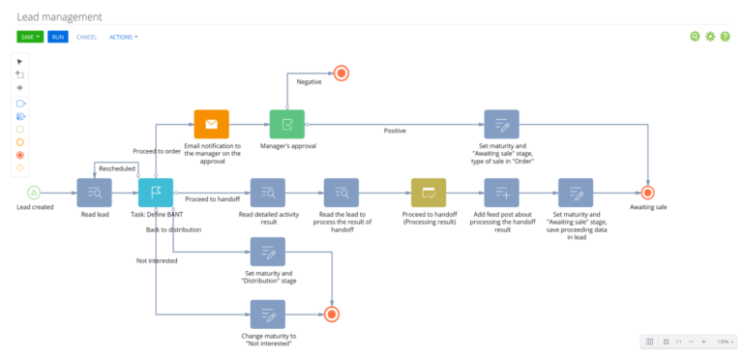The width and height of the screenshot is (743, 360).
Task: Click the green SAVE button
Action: (30, 37)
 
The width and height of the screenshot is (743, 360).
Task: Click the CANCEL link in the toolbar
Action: (86, 37)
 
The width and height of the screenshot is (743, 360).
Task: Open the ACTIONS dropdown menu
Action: (123, 37)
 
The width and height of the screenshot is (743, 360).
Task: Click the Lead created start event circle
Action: (35, 192)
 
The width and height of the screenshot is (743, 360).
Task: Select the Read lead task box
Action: (94, 192)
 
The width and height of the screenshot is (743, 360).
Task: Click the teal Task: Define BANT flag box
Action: (156, 192)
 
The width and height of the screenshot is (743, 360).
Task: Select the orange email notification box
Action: (212, 124)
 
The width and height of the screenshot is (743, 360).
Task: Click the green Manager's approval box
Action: (286, 124)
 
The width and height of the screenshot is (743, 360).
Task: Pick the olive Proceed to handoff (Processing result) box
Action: (428, 192)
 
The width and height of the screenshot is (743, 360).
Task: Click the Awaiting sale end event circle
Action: (648, 192)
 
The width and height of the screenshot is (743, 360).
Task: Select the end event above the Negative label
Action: (340, 72)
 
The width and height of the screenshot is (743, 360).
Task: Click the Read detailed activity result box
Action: (268, 192)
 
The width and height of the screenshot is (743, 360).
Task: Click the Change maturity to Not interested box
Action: (268, 314)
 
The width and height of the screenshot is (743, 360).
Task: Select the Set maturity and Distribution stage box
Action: (268, 253)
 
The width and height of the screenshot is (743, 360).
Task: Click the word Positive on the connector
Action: (395, 131)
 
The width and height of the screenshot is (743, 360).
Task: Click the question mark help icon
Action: (726, 37)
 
